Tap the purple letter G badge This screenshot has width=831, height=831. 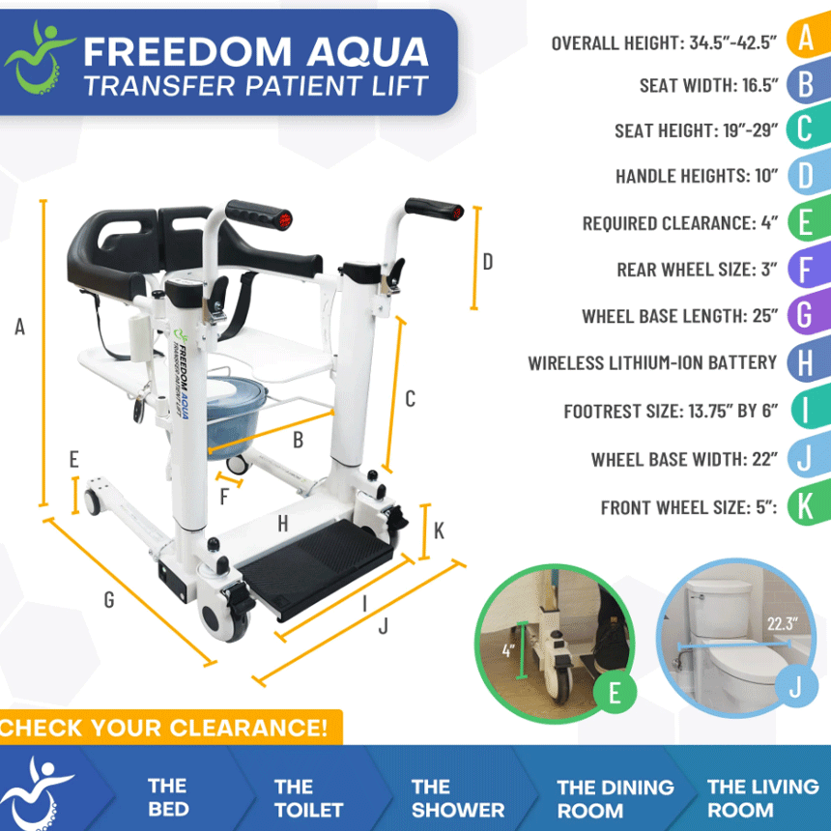pos(804,315)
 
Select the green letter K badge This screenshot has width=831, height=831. pos(804,505)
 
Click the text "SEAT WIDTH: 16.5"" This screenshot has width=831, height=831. pos(708,85)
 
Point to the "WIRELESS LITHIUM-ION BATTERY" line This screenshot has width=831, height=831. pos(652,363)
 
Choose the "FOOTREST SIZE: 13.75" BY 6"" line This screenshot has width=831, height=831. pos(671,412)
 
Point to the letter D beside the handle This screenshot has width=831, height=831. pos(488,262)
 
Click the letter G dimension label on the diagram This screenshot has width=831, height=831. pos(109,600)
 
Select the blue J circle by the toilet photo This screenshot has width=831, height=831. pos(794,687)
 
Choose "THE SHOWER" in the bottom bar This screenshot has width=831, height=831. pos(457,798)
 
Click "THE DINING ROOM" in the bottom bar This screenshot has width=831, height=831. pos(616,798)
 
